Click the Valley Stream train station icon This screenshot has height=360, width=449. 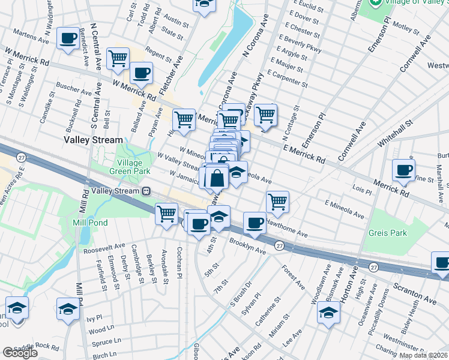(x=145, y=191)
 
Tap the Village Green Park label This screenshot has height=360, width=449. (x=121, y=166)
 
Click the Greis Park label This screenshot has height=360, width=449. (x=388, y=233)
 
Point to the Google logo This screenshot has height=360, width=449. (x=20, y=353)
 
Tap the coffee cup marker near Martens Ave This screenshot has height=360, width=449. (x=67, y=38)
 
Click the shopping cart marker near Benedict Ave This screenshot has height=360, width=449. (x=118, y=59)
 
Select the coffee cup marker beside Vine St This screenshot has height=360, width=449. (x=403, y=170)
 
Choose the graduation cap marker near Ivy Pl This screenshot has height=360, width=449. (x=68, y=310)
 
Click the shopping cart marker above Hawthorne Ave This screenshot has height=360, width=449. (x=277, y=202)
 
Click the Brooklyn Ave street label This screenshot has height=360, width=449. (x=247, y=246)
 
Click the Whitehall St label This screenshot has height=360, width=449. (x=396, y=134)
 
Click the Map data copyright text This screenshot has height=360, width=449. (x=423, y=355)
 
